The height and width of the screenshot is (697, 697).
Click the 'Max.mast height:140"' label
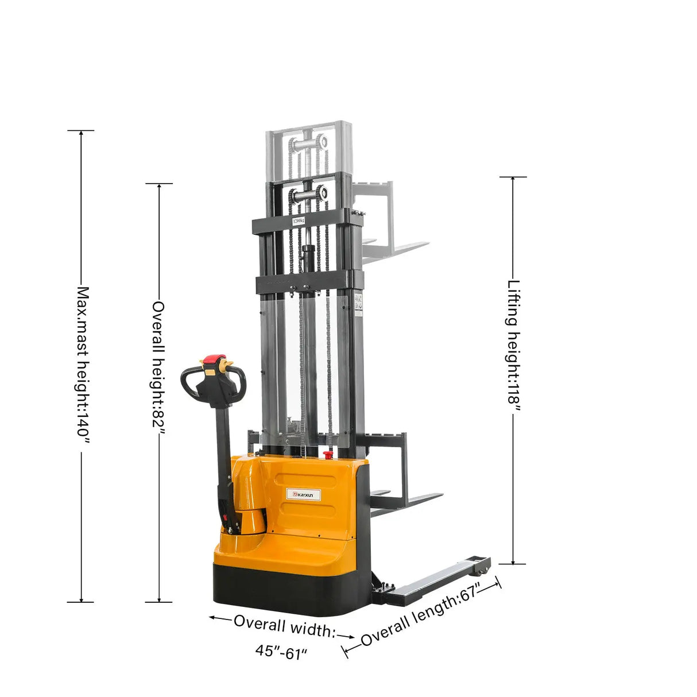tap(84, 365)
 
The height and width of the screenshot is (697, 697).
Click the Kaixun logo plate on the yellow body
tap(301, 493)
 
